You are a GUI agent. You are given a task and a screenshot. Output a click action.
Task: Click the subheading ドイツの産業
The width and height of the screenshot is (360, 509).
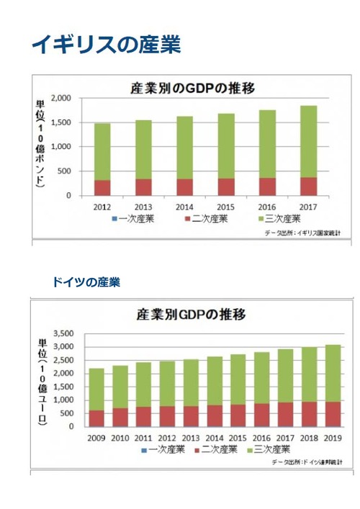click(x=85, y=282)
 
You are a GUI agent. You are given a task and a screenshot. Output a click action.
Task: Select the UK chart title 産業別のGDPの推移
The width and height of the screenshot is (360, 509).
click(x=194, y=89)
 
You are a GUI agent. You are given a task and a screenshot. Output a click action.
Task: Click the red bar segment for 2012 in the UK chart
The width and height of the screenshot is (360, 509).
click(x=102, y=187)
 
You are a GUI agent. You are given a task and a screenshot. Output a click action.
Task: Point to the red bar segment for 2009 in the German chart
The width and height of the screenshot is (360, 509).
click(x=96, y=418)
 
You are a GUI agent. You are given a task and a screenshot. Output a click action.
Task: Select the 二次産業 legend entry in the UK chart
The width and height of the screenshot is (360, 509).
click(x=207, y=217)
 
